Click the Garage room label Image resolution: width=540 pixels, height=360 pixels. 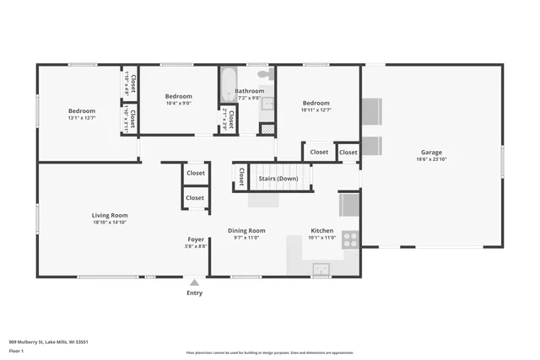click(431, 152)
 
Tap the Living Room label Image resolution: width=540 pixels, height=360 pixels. click(110, 215)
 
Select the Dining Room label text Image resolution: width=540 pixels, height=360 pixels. click(246, 230)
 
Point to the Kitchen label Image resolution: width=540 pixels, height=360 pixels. click(321, 230)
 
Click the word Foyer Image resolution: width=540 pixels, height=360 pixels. click(195, 239)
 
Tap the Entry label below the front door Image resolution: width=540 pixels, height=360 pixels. click(195, 293)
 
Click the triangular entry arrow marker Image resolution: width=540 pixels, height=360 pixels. click(195, 282)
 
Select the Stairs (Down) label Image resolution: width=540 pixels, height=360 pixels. click(278, 179)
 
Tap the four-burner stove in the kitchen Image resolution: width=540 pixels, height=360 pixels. click(349, 238)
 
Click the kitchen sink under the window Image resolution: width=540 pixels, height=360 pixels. click(321, 269)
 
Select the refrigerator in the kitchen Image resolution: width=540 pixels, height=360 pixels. click(349, 205)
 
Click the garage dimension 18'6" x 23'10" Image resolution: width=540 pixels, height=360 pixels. click(431, 159)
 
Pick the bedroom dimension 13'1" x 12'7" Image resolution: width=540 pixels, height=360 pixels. click(82, 117)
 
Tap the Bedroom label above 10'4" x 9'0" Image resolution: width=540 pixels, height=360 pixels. click(178, 96)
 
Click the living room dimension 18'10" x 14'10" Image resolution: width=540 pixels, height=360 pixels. click(110, 223)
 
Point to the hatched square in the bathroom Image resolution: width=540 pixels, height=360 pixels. click(267, 129)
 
